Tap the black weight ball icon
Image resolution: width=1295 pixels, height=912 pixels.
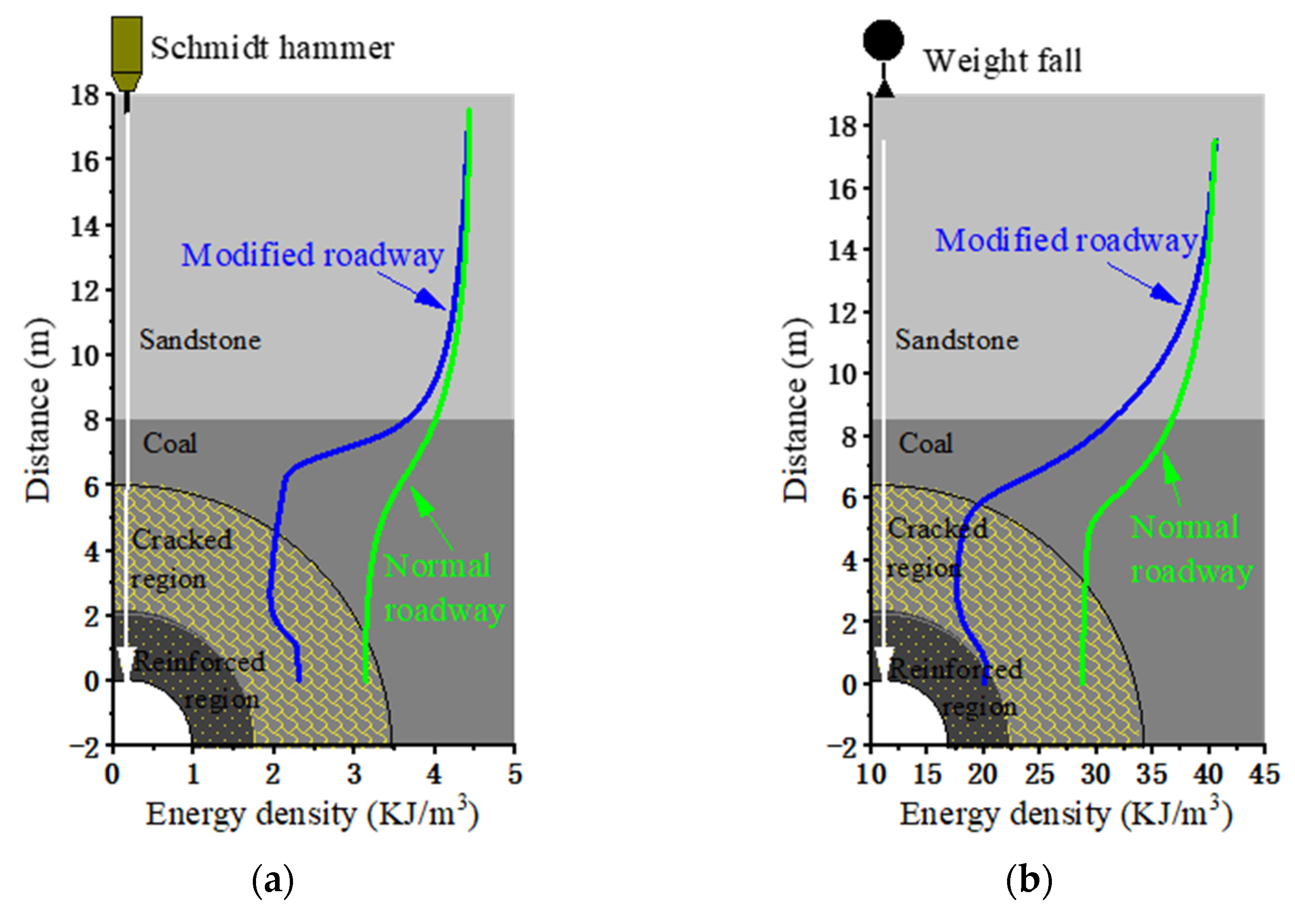click(883, 41)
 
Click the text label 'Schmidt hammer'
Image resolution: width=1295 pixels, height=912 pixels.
click(272, 48)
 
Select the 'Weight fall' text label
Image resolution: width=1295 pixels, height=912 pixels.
click(1002, 61)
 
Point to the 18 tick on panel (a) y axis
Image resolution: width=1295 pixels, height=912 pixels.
click(85, 95)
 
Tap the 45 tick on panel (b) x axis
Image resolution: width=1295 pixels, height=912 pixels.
click(1264, 774)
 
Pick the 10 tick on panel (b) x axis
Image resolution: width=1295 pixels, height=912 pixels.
click(871, 774)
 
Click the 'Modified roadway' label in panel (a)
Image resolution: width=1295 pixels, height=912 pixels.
click(312, 256)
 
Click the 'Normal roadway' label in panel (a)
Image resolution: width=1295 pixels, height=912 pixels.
click(443, 588)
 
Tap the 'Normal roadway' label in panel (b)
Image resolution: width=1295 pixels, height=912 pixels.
click(1191, 549)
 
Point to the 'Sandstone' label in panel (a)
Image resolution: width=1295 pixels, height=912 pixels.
click(200, 340)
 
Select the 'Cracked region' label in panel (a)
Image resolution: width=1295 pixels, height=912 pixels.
click(181, 559)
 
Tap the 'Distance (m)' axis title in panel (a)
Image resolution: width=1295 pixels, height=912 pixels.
click(38, 410)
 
